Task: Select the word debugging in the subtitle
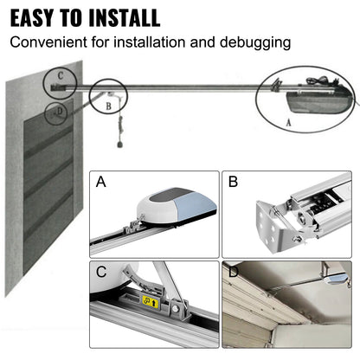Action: [255, 41]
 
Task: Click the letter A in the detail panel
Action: [102, 183]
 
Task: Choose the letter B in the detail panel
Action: [233, 183]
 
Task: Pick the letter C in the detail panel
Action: [102, 273]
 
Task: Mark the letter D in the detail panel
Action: [233, 273]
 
